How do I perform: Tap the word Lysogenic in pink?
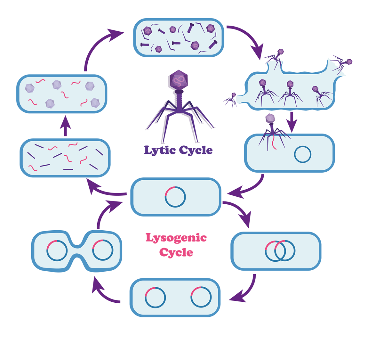176,238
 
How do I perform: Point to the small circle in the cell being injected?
302,154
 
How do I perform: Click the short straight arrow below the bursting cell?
292,121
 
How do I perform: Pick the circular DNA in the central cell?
175,196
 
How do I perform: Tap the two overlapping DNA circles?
280,250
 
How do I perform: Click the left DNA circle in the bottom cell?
155,297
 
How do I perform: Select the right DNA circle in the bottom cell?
201,297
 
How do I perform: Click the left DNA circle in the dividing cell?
57,250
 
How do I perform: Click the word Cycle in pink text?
176,252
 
